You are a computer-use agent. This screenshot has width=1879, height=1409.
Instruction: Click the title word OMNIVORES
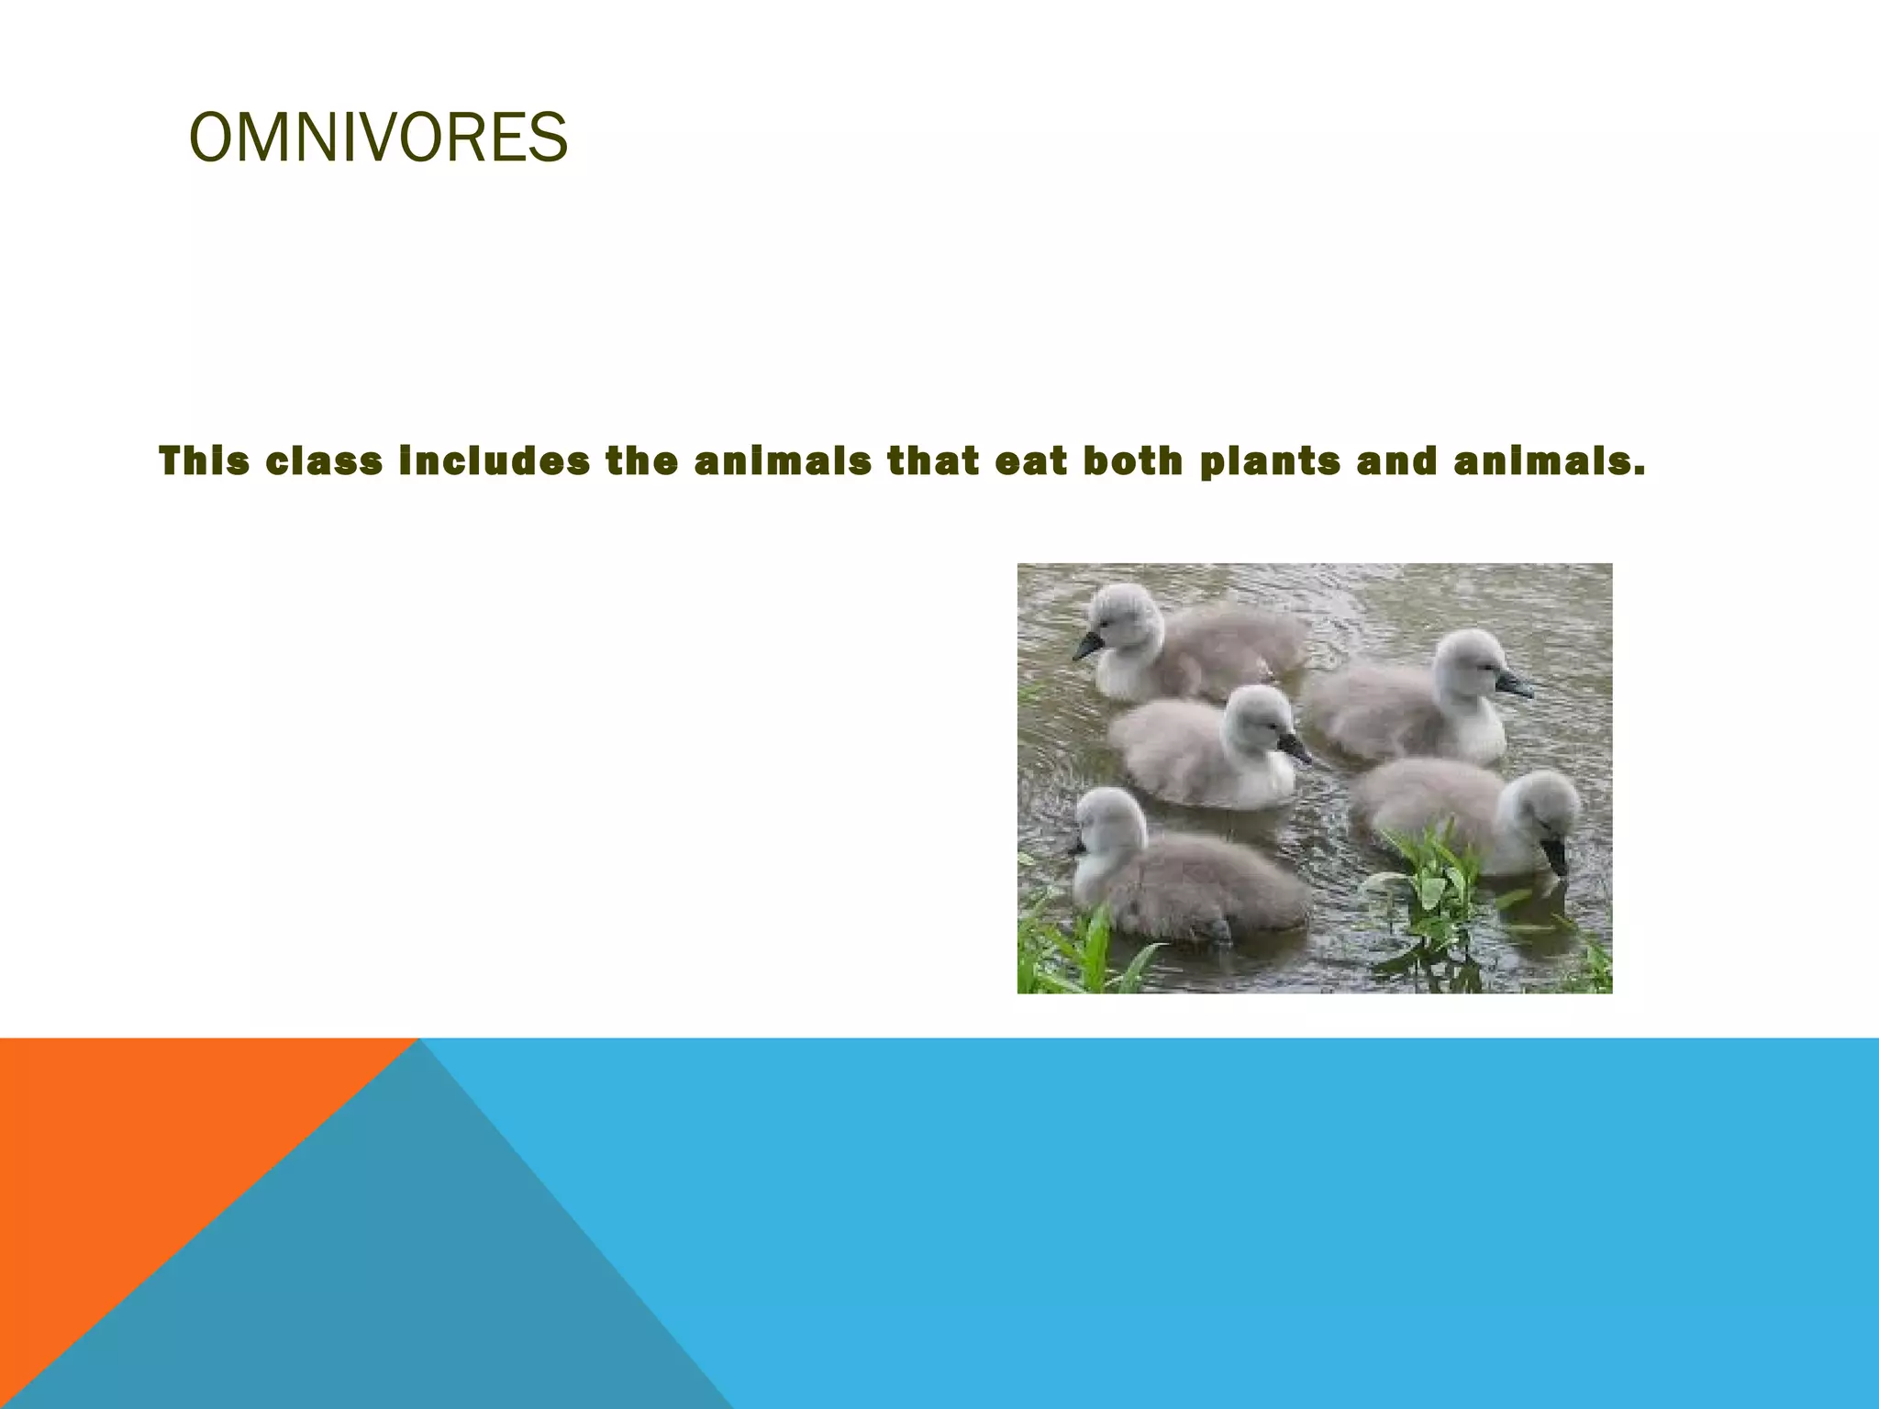point(378,139)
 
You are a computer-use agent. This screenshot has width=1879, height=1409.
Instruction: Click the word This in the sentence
point(204,461)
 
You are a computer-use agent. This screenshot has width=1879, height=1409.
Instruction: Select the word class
point(324,461)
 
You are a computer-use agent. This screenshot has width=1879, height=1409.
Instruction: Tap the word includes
point(495,461)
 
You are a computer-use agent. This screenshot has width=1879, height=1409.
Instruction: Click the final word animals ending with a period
point(1550,461)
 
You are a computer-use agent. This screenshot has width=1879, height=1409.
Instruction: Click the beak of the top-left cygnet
point(1088,646)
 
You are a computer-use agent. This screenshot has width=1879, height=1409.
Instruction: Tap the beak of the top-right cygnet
point(1513,683)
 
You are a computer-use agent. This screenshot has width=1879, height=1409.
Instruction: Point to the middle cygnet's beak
point(1295,748)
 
